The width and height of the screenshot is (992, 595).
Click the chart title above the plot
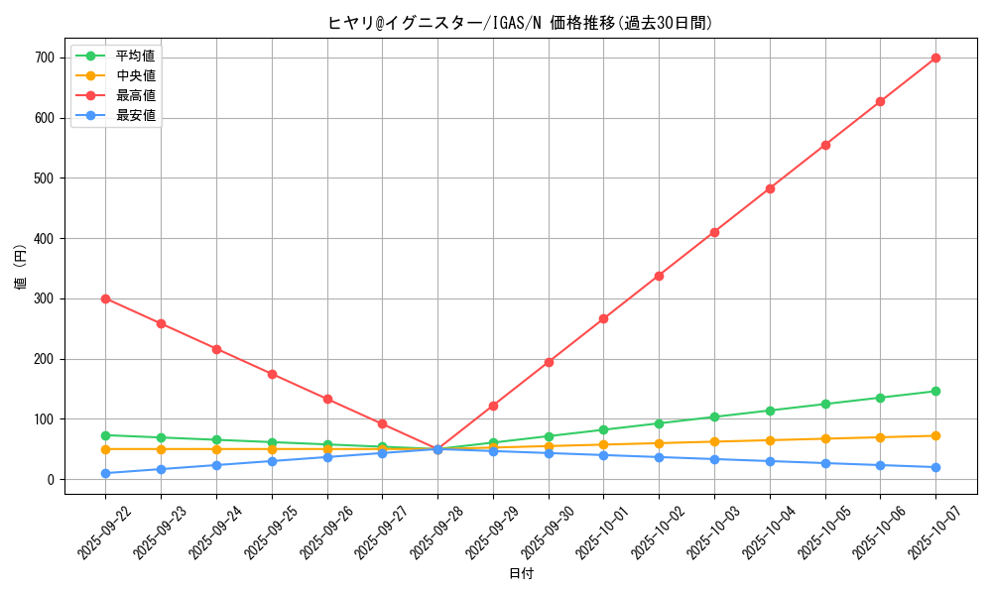(521, 23)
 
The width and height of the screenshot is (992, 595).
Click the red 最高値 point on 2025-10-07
(935, 58)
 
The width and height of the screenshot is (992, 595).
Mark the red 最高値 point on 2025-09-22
(105, 298)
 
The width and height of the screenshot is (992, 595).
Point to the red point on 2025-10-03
(714, 232)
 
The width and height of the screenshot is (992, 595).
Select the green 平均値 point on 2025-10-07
(935, 391)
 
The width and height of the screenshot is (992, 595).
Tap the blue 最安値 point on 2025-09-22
(105, 473)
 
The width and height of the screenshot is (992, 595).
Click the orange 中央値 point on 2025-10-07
(935, 435)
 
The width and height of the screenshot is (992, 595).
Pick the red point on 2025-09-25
(272, 374)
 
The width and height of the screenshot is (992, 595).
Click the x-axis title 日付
(521, 574)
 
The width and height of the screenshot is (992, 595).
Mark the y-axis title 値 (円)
(20, 268)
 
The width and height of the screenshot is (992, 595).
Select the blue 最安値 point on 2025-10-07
(935, 467)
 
